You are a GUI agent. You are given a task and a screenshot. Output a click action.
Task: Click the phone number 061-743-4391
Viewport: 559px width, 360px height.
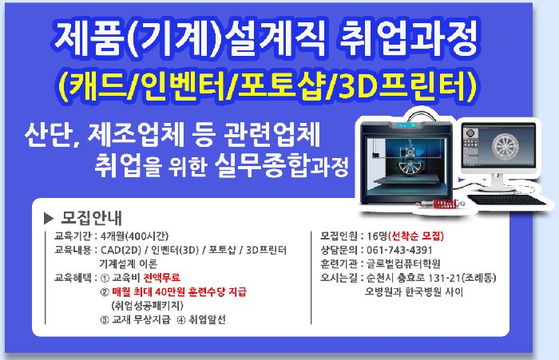pyautogui.click(x=399, y=250)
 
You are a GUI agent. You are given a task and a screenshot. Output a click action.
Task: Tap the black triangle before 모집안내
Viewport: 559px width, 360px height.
pyautogui.click(x=49, y=218)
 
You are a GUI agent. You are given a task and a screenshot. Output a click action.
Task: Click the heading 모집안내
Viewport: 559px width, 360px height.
pyautogui.click(x=92, y=218)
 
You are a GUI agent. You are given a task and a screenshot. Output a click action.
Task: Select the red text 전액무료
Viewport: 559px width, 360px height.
pyautogui.click(x=161, y=278)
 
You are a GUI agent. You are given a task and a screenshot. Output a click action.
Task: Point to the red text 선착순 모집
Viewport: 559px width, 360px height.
pyautogui.click(x=416, y=236)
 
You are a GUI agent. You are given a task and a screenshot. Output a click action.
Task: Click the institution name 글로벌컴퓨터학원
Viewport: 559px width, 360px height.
pyautogui.click(x=403, y=263)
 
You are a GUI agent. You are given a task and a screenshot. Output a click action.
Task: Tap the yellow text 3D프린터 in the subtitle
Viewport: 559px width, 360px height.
pyautogui.click(x=406, y=87)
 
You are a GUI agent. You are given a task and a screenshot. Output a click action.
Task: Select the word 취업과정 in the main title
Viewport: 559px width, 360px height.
pyautogui.click(x=407, y=38)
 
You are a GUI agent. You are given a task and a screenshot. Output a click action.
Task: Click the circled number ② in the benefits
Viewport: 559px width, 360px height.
pyautogui.click(x=105, y=292)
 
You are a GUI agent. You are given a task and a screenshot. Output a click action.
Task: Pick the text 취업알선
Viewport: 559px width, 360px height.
pyautogui.click(x=207, y=319)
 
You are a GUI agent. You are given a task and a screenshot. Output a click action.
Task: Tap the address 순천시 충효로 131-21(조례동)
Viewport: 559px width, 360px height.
pyautogui.click(x=431, y=278)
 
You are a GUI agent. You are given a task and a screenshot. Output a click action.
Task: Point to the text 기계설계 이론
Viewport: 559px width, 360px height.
pyautogui.click(x=129, y=263)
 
